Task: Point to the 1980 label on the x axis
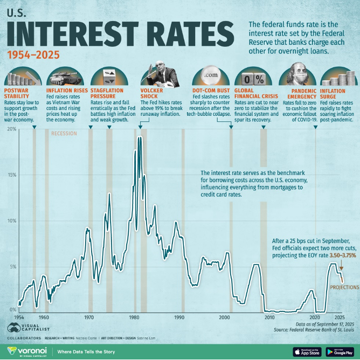click(x=135, y=318)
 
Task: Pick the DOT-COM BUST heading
click(x=211, y=90)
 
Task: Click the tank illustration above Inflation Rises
click(x=65, y=77)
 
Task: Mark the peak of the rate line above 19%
click(x=140, y=138)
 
